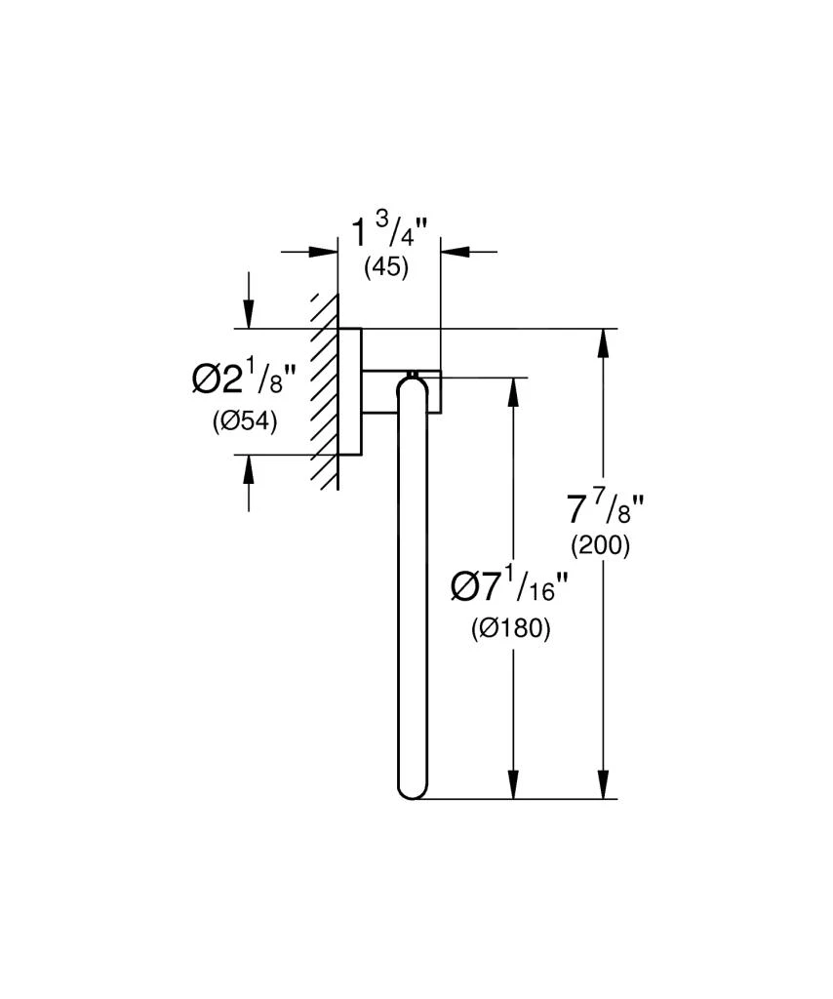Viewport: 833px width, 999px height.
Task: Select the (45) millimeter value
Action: click(386, 268)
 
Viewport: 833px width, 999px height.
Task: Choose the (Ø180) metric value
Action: click(510, 629)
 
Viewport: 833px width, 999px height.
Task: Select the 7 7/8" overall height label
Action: click(606, 508)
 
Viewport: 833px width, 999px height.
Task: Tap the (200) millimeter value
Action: click(601, 546)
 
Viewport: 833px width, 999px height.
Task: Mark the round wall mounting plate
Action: click(350, 392)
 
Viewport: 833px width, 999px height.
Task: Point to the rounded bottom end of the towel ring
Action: click(411, 788)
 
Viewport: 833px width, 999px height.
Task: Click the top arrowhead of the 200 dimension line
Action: click(605, 343)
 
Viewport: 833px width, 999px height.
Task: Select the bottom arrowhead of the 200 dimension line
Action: click(605, 785)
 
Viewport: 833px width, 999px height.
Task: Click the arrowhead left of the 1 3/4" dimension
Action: click(323, 252)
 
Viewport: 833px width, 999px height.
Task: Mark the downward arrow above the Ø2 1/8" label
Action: click(250, 314)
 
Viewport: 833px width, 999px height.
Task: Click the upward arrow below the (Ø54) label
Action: click(250, 470)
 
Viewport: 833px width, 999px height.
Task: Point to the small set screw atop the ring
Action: click(413, 373)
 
